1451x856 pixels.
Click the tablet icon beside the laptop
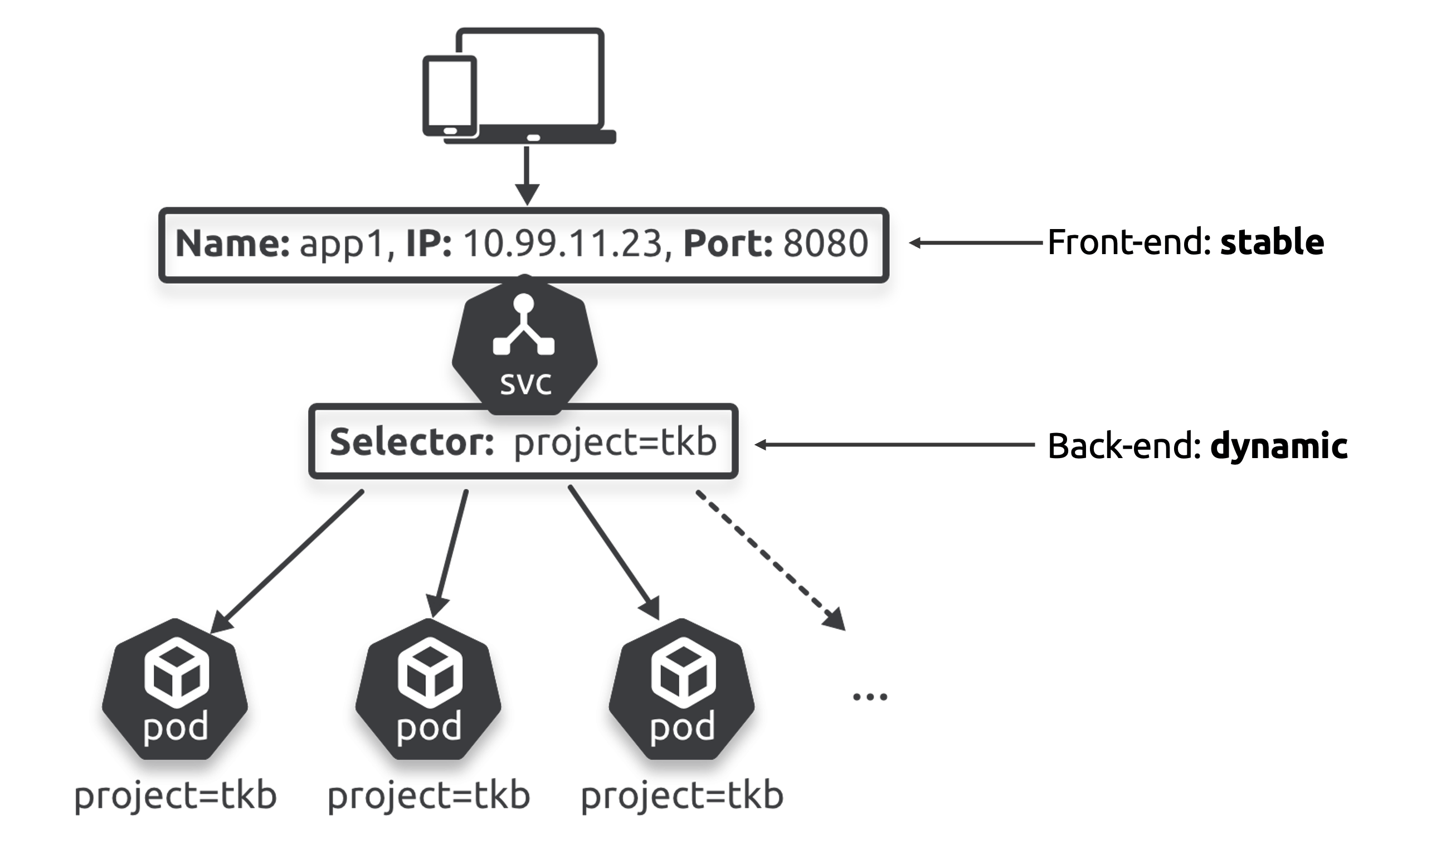(x=450, y=96)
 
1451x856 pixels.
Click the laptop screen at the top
(x=530, y=78)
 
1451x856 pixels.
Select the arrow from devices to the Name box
(x=527, y=174)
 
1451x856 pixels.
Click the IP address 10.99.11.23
(x=563, y=244)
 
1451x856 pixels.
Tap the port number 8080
(x=825, y=244)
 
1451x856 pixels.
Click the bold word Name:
(x=232, y=244)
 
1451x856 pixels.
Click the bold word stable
(x=1272, y=242)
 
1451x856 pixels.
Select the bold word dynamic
(x=1278, y=446)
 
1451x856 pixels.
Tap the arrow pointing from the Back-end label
(x=894, y=445)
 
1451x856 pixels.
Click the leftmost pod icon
(x=176, y=690)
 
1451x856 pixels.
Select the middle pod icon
(x=429, y=690)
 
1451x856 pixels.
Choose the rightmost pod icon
(x=681, y=690)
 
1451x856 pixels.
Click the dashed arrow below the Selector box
(x=770, y=559)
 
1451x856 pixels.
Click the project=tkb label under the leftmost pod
(x=176, y=796)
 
